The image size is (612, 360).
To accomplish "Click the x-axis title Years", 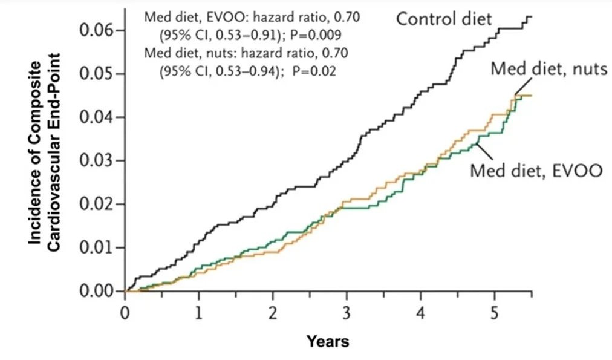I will click(x=328, y=342).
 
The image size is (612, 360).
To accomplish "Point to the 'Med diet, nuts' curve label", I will click(x=548, y=68).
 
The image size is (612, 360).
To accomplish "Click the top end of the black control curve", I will click(x=530, y=17).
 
